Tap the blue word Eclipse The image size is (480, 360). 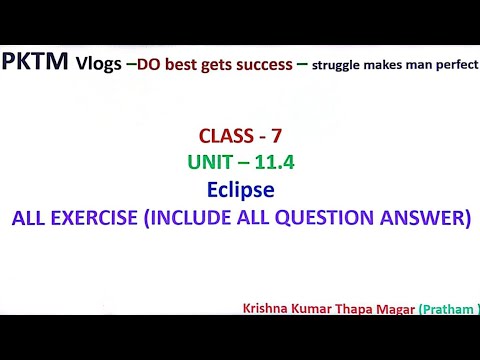pos(240,188)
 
